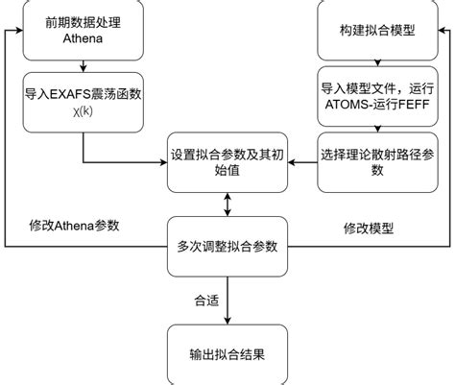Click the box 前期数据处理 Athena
pyautogui.click(x=84, y=30)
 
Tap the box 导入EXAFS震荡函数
pyautogui.click(x=84, y=104)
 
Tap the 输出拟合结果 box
pyautogui.click(x=227, y=354)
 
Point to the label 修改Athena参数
pyautogui.click(x=72, y=226)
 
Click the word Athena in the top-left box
pyautogui.click(x=84, y=39)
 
